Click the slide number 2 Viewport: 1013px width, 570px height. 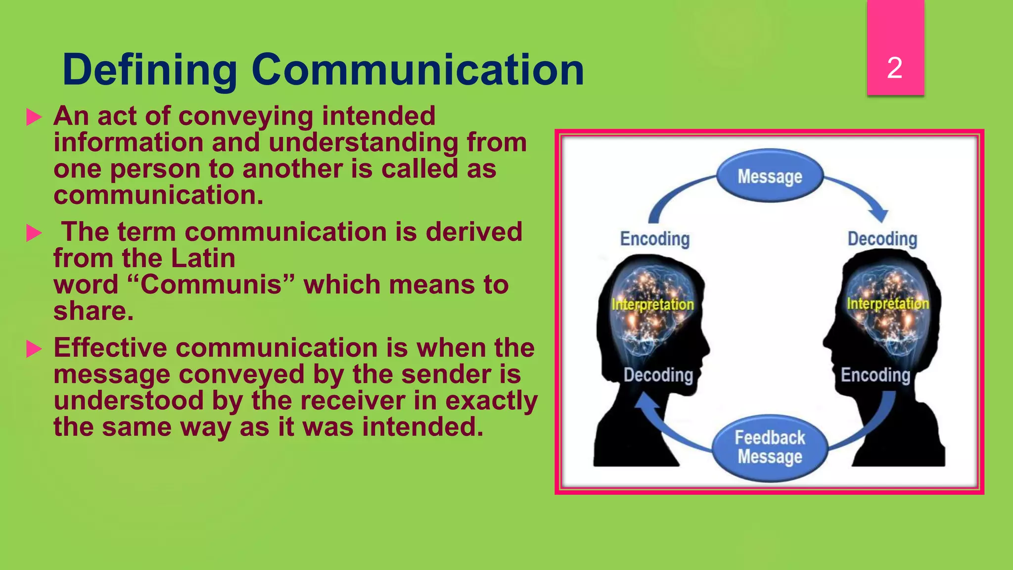[894, 68]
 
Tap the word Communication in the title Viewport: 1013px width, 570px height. [417, 70]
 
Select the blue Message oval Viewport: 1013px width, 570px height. [770, 176]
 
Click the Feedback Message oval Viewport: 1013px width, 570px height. [770, 447]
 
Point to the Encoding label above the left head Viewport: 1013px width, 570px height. [654, 239]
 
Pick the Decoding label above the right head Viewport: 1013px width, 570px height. [882, 239]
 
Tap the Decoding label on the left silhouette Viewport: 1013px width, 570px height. [658, 375]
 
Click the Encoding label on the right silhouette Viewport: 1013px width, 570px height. [875, 375]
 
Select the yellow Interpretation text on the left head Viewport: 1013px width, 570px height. [652, 304]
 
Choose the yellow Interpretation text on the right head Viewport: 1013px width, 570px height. [887, 303]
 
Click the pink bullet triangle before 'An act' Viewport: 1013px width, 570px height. [34, 117]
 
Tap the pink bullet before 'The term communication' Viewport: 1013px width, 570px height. [34, 233]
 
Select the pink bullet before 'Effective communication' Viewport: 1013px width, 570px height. [34, 349]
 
